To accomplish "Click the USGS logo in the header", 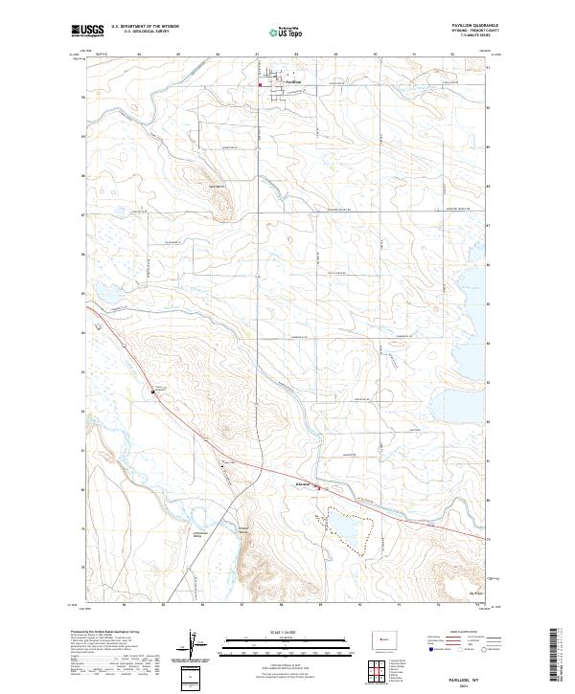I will coord(87,31).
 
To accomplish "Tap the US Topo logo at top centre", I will coord(287,31).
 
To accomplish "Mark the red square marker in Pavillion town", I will coord(260,83).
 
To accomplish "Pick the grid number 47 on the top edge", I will coord(256,54).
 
